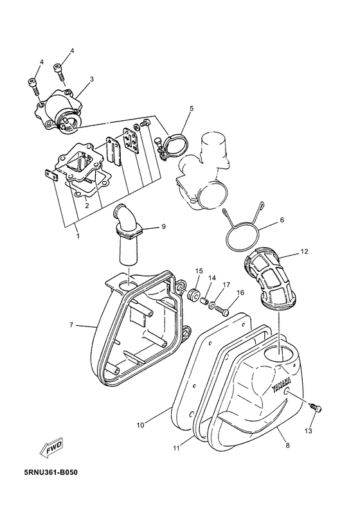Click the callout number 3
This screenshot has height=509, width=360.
[91, 79]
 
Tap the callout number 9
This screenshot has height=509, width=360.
[163, 226]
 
